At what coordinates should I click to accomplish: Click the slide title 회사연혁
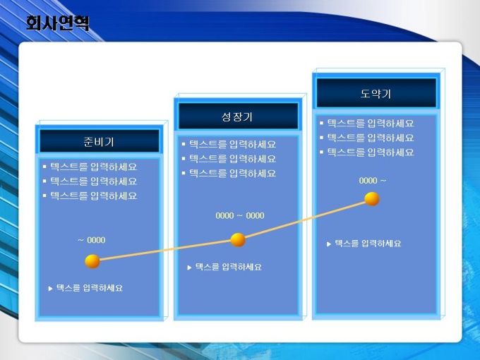point(58,23)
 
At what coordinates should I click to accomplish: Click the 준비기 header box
point(100,141)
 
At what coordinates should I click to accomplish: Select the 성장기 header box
point(238,116)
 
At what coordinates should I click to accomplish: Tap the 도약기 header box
point(376,92)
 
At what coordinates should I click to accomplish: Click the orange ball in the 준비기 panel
point(92,261)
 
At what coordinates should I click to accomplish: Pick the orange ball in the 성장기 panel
point(238,240)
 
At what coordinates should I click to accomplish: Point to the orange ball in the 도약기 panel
point(372,199)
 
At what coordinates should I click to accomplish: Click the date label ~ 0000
point(92,240)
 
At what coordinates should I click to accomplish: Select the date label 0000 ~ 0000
point(240,215)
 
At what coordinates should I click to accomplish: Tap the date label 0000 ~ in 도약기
point(373,181)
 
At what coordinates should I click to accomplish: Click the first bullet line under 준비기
point(90,167)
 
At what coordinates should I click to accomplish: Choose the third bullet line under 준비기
point(90,196)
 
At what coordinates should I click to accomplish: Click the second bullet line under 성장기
point(229,159)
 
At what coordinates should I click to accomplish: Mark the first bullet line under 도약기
point(367,123)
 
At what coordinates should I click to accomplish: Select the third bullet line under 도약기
point(367,152)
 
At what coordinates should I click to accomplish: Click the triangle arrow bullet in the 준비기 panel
point(51,289)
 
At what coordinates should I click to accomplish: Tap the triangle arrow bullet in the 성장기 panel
point(189,268)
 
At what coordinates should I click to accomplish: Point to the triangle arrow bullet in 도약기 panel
point(329,244)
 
